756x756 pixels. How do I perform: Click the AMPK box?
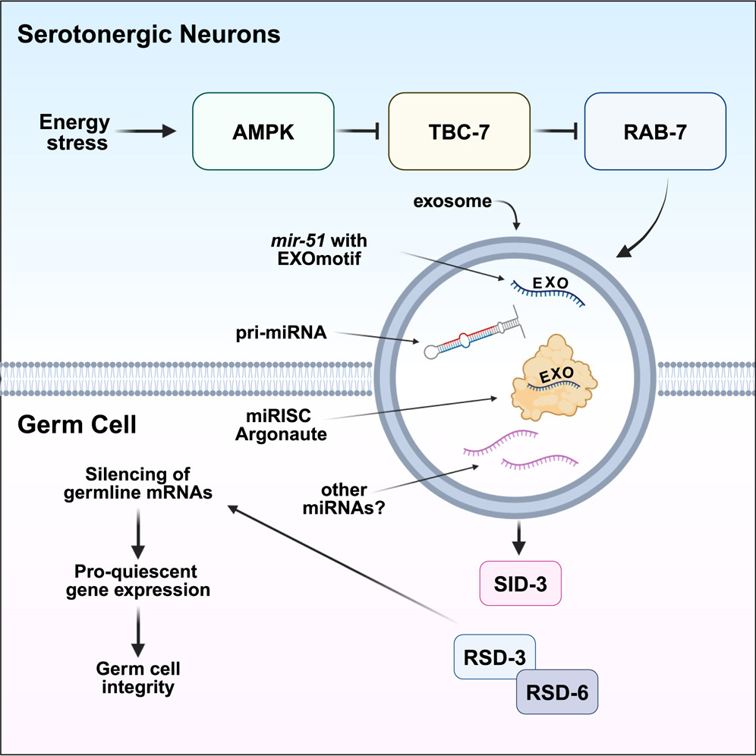263,131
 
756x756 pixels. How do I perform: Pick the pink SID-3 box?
520,583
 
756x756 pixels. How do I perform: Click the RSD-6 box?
557,692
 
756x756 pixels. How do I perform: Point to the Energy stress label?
75,132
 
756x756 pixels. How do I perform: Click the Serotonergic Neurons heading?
149,35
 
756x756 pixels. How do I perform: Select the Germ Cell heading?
77,424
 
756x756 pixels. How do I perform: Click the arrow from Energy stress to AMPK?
146,131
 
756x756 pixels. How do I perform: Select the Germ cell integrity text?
137,678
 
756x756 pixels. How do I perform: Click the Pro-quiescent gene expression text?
137,580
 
